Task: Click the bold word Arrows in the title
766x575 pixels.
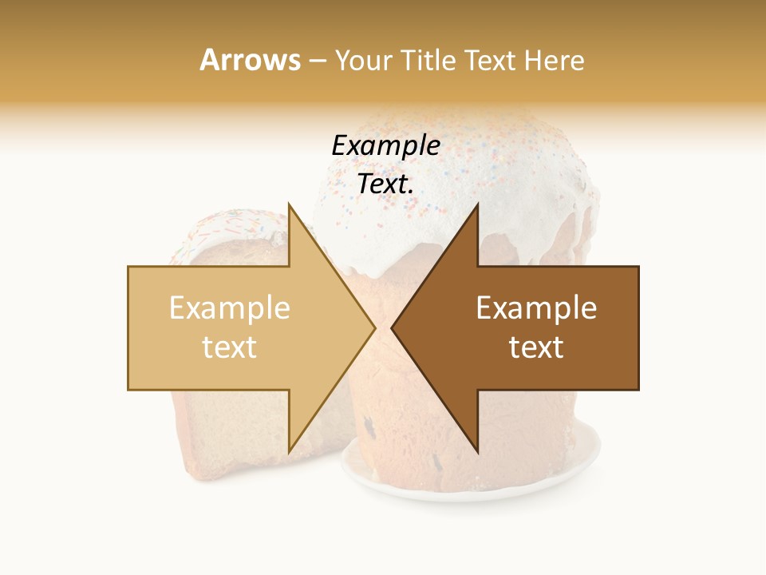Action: [250, 60]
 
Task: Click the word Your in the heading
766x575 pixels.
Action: [363, 60]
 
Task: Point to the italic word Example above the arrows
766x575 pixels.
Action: [385, 145]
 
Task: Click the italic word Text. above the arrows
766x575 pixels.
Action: [385, 184]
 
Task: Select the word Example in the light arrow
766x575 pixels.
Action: [229, 308]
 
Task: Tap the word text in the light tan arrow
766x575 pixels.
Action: [229, 347]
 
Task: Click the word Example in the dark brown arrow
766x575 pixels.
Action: [536, 308]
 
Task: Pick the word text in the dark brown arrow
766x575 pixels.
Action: [536, 347]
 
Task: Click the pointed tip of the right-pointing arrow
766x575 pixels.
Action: [375, 327]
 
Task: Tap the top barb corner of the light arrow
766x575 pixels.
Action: [290, 205]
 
